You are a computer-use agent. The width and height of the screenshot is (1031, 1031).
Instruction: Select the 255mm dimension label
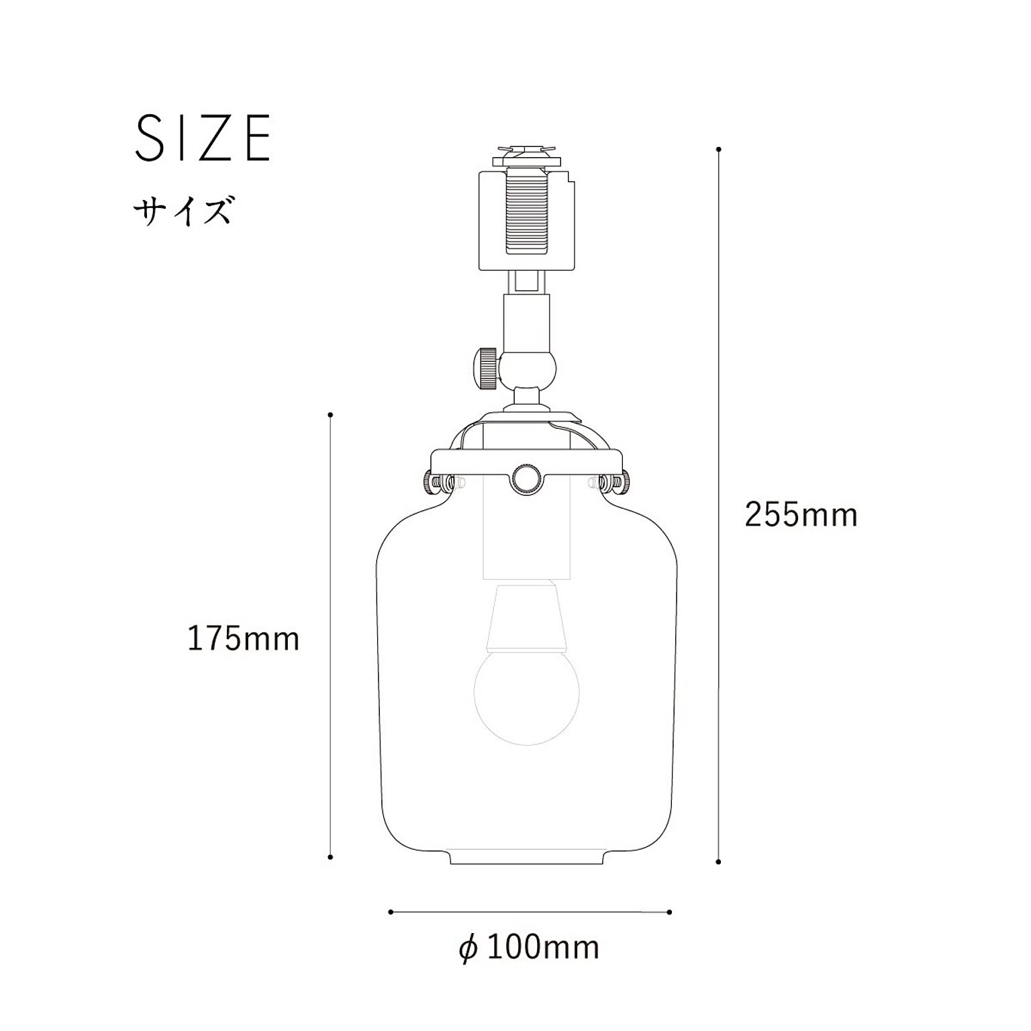click(801, 515)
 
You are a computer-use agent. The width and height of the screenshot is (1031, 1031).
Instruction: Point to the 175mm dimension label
click(243, 639)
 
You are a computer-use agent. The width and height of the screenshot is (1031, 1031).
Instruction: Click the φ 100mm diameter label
click(529, 948)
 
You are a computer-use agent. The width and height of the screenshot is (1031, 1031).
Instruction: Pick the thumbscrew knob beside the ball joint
click(486, 367)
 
